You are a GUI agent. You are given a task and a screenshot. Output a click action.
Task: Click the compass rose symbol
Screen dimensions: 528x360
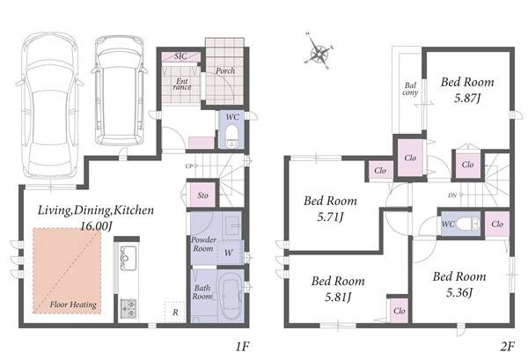pyautogui.click(x=319, y=52)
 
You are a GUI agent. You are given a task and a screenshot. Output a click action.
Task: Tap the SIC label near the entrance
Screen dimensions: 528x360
pyautogui.click(x=180, y=56)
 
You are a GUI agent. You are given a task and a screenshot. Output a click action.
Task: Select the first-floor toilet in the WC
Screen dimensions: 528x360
pyautogui.click(x=231, y=136)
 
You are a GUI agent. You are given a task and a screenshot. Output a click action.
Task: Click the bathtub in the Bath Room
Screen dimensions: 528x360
pyautogui.click(x=231, y=298)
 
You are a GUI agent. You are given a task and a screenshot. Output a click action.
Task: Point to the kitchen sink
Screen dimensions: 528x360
pyautogui.click(x=128, y=258)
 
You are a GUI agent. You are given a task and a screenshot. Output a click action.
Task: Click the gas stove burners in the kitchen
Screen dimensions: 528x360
pyautogui.click(x=128, y=308)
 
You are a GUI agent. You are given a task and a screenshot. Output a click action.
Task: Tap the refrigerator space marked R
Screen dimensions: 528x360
pyautogui.click(x=175, y=312)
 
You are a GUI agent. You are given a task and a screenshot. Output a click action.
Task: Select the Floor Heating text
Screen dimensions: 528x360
pyautogui.click(x=73, y=305)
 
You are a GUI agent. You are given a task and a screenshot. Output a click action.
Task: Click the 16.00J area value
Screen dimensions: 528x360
pyautogui.click(x=96, y=225)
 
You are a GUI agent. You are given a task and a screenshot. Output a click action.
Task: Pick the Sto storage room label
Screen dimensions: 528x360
pyautogui.click(x=202, y=195)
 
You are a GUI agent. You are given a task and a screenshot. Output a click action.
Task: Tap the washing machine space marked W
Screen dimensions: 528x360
pyautogui.click(x=229, y=253)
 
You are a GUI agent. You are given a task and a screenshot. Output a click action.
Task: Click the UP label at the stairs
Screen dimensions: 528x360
pyautogui.click(x=188, y=166)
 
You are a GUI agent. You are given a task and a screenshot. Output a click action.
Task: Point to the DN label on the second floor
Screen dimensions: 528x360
pyautogui.click(x=452, y=195)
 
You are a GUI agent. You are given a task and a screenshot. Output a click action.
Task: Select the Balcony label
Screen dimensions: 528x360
pyautogui.click(x=410, y=89)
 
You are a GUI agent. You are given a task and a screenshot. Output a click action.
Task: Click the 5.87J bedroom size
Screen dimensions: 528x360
pyautogui.click(x=467, y=98)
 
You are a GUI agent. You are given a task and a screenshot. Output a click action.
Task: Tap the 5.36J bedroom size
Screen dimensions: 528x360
pyautogui.click(x=459, y=292)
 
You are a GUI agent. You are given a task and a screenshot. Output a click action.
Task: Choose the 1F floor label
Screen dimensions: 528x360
pyautogui.click(x=242, y=346)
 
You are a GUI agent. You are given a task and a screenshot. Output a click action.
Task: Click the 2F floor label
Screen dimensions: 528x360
pyautogui.click(x=508, y=346)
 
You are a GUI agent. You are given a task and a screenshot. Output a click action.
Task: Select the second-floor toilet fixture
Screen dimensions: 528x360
pyautogui.click(x=468, y=224)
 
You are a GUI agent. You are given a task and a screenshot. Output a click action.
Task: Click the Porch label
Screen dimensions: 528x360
pyautogui.click(x=225, y=70)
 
